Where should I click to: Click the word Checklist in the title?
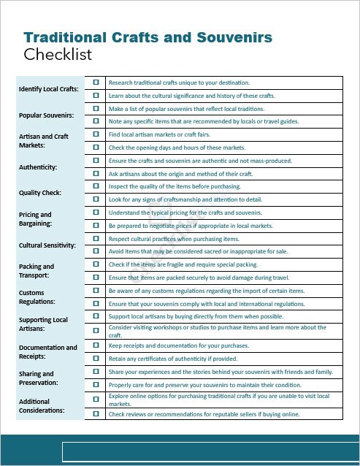(58, 55)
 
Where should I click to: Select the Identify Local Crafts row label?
(48, 89)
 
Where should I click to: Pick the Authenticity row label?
(37, 167)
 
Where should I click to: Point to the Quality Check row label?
(40, 193)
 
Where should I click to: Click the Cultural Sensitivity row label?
(47, 245)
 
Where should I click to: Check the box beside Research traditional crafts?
(96, 83)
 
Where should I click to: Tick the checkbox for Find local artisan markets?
(96, 134)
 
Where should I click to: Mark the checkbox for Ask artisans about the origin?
(96, 173)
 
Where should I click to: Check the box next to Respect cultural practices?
(96, 238)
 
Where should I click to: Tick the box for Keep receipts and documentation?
(96, 345)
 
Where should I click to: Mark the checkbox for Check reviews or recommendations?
(96, 413)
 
